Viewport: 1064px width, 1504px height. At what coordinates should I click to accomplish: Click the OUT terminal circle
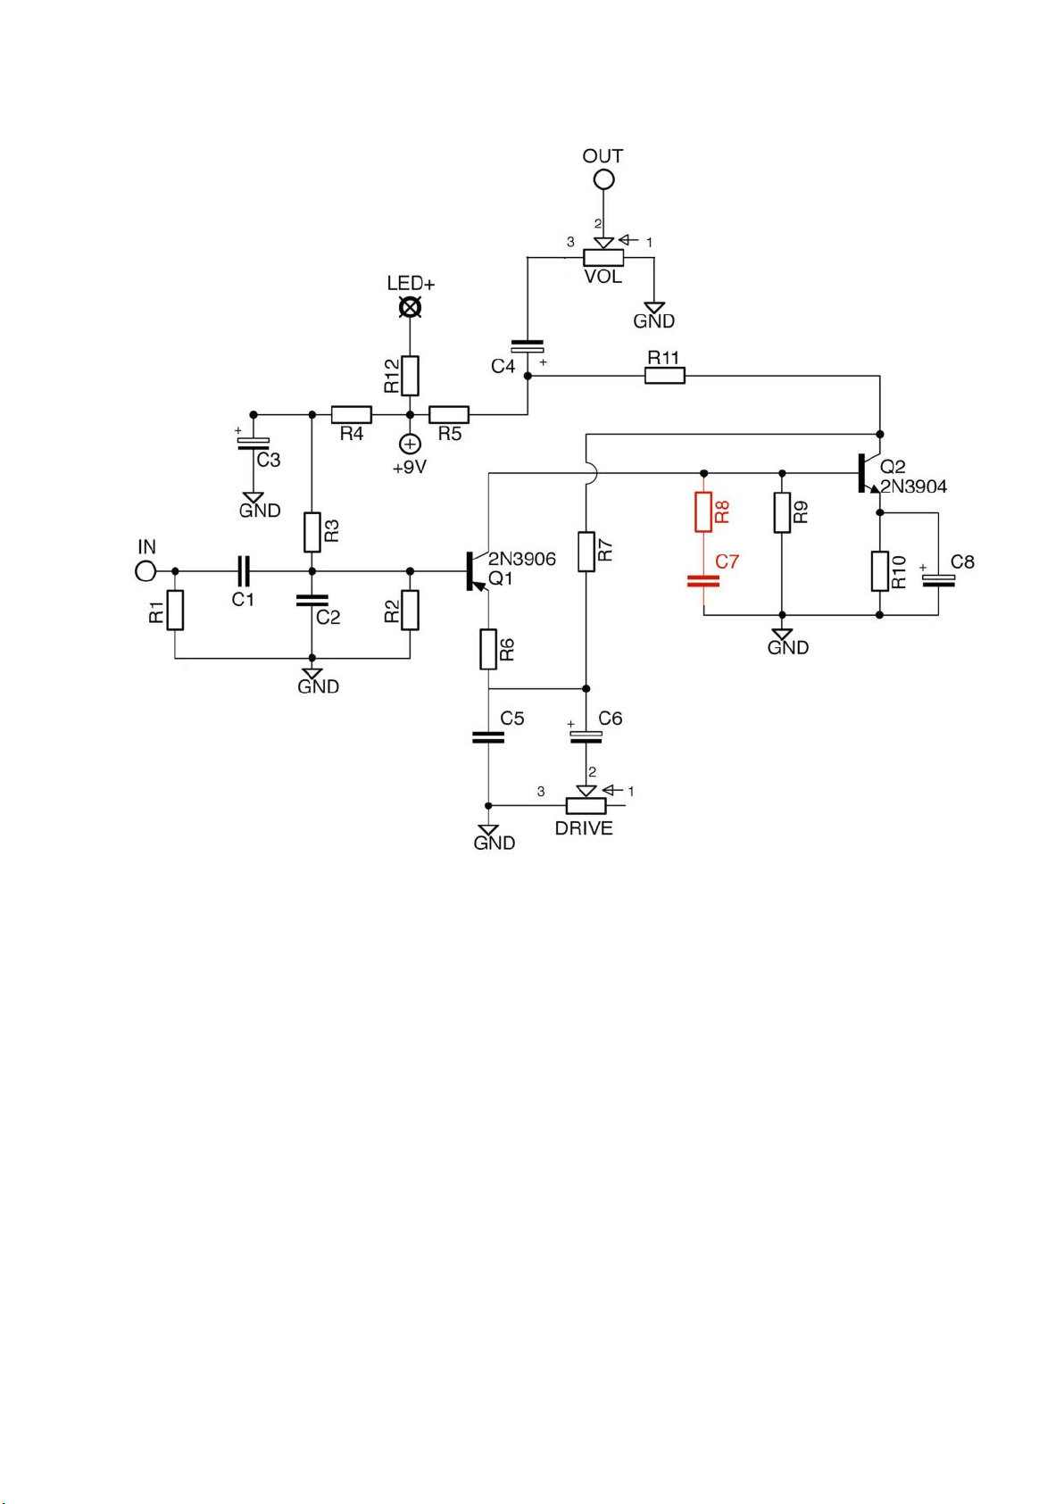pyautogui.click(x=603, y=179)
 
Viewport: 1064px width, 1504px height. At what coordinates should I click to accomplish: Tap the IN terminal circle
pyautogui.click(x=145, y=571)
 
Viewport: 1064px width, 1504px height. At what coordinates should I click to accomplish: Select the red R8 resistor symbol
pyautogui.click(x=702, y=511)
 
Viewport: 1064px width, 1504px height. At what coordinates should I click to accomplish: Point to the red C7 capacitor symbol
pyautogui.click(x=702, y=581)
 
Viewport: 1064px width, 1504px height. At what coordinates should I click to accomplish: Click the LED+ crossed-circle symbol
pyautogui.click(x=411, y=308)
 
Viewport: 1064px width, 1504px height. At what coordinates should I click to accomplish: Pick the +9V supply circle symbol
pyautogui.click(x=411, y=444)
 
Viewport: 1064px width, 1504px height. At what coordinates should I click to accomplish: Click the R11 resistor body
pyautogui.click(x=665, y=376)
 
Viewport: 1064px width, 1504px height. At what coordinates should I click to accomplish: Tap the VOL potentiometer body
pyautogui.click(x=603, y=258)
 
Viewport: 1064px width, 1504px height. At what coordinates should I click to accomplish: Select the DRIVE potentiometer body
pyautogui.click(x=586, y=806)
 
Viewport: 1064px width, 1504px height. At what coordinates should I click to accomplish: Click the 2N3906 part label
pyautogui.click(x=521, y=559)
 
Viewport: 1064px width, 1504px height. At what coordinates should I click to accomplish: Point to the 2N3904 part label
pyautogui.click(x=913, y=486)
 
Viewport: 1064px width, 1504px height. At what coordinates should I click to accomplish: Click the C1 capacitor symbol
pyautogui.click(x=244, y=571)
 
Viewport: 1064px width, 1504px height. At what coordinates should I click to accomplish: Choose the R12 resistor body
pyautogui.click(x=411, y=376)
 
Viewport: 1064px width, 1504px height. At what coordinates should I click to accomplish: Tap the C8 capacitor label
pyautogui.click(x=962, y=562)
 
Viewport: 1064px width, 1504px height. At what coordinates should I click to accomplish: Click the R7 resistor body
pyautogui.click(x=586, y=552)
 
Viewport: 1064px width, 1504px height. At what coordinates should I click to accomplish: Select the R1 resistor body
pyautogui.click(x=175, y=610)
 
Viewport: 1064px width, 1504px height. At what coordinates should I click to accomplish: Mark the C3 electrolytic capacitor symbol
pyautogui.click(x=254, y=443)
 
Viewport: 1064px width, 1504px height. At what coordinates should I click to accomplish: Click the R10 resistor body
pyautogui.click(x=879, y=571)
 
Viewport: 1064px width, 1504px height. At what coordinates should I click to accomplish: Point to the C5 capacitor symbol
pyautogui.click(x=488, y=737)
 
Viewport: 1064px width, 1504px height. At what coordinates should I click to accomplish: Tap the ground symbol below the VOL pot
pyautogui.click(x=653, y=308)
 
